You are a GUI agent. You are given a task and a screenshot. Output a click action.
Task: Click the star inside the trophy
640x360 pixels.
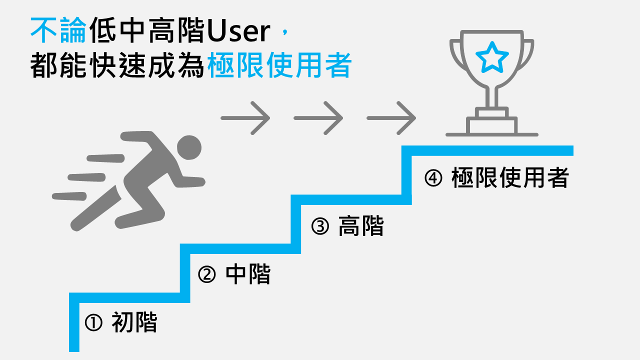492,57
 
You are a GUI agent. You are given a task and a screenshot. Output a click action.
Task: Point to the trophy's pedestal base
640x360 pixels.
492,125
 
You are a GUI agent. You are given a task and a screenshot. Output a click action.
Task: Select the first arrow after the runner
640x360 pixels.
245,118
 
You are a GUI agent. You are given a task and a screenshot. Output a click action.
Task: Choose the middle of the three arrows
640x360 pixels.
318,118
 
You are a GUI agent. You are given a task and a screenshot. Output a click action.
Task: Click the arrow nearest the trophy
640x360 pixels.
391,118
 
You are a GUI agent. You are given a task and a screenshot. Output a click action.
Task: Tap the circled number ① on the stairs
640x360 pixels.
93,322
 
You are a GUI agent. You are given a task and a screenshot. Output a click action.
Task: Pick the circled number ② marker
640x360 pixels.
207,274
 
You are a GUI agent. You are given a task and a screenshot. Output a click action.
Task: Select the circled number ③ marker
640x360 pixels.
320,226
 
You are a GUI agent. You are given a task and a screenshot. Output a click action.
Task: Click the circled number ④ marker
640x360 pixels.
433,178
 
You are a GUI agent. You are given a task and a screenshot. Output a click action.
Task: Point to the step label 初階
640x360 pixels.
134,322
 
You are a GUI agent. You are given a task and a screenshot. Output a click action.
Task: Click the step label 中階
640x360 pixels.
248,274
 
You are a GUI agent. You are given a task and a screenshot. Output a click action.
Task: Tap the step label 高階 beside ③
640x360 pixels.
361,226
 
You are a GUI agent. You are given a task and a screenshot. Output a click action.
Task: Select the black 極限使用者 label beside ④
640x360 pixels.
510,178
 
